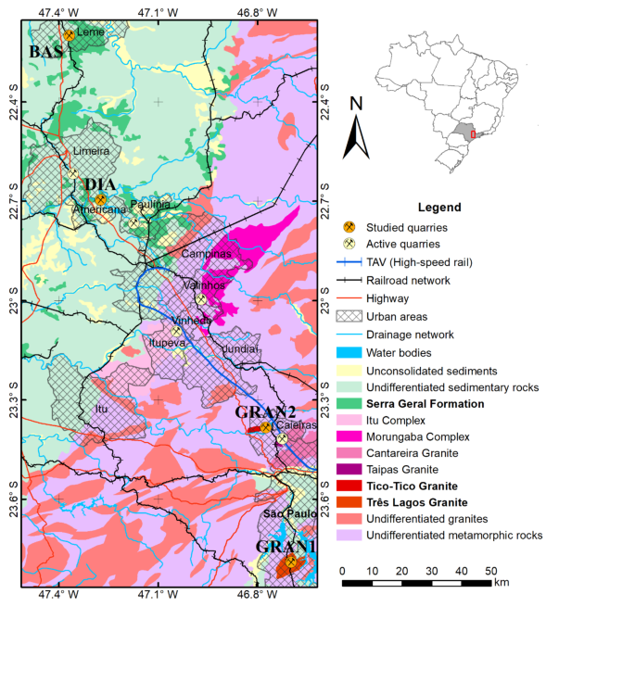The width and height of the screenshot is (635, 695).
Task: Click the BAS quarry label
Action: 44,52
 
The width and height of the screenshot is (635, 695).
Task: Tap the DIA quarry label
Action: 99,184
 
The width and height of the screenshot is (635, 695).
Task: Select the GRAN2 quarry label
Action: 264,411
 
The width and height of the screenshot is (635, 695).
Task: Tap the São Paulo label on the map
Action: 285,513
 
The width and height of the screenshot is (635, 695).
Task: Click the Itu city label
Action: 102,408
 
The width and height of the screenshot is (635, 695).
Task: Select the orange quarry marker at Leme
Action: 69,34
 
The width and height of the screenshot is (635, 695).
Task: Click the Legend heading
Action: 440,207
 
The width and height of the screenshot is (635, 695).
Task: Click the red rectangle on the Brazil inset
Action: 473,134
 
